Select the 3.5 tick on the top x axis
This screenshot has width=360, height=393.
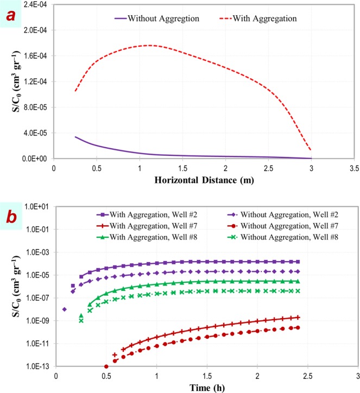click(x=355, y=168)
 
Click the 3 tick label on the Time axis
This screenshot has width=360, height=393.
click(x=357, y=376)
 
